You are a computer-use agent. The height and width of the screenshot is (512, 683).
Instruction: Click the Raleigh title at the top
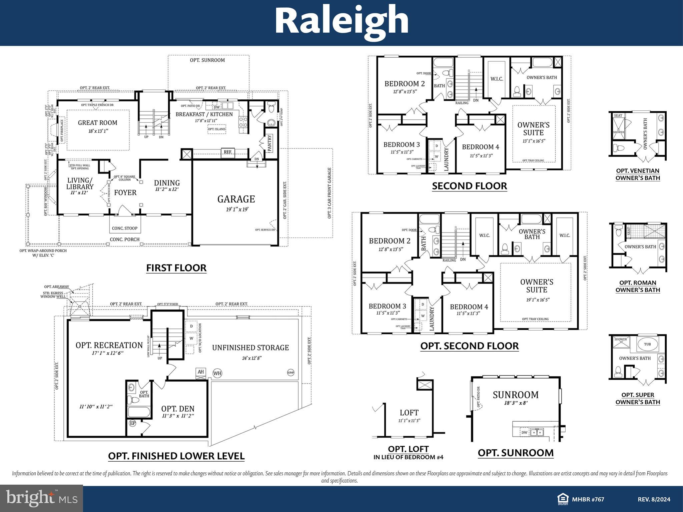(341, 21)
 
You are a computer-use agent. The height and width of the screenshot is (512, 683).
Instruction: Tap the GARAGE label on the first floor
(236, 199)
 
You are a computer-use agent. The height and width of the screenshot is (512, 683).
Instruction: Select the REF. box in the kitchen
(228, 152)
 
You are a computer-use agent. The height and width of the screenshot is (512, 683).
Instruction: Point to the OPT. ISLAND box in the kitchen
(216, 129)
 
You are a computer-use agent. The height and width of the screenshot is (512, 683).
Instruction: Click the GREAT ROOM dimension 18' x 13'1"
(98, 131)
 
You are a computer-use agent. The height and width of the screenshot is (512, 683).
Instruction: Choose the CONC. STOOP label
(125, 228)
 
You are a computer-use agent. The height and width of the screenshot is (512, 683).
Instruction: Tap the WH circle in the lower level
(217, 373)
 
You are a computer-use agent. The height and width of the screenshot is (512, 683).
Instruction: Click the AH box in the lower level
(201, 372)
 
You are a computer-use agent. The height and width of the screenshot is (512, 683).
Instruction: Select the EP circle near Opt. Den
(133, 423)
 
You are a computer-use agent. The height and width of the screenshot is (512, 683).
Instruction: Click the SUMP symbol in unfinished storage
(291, 372)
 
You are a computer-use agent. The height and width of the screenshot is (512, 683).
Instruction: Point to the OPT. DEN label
(178, 409)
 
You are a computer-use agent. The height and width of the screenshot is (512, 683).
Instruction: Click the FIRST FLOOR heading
(176, 268)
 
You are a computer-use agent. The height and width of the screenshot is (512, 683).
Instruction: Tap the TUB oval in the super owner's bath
(647, 344)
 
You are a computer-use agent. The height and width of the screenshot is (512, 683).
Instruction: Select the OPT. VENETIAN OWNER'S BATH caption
(638, 174)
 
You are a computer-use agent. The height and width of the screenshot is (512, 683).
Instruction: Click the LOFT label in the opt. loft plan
(409, 413)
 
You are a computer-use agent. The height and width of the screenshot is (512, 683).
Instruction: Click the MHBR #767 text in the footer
(588, 499)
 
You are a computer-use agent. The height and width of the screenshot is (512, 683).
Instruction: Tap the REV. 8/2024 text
(654, 499)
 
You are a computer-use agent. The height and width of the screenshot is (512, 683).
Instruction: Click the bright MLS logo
(42, 498)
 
